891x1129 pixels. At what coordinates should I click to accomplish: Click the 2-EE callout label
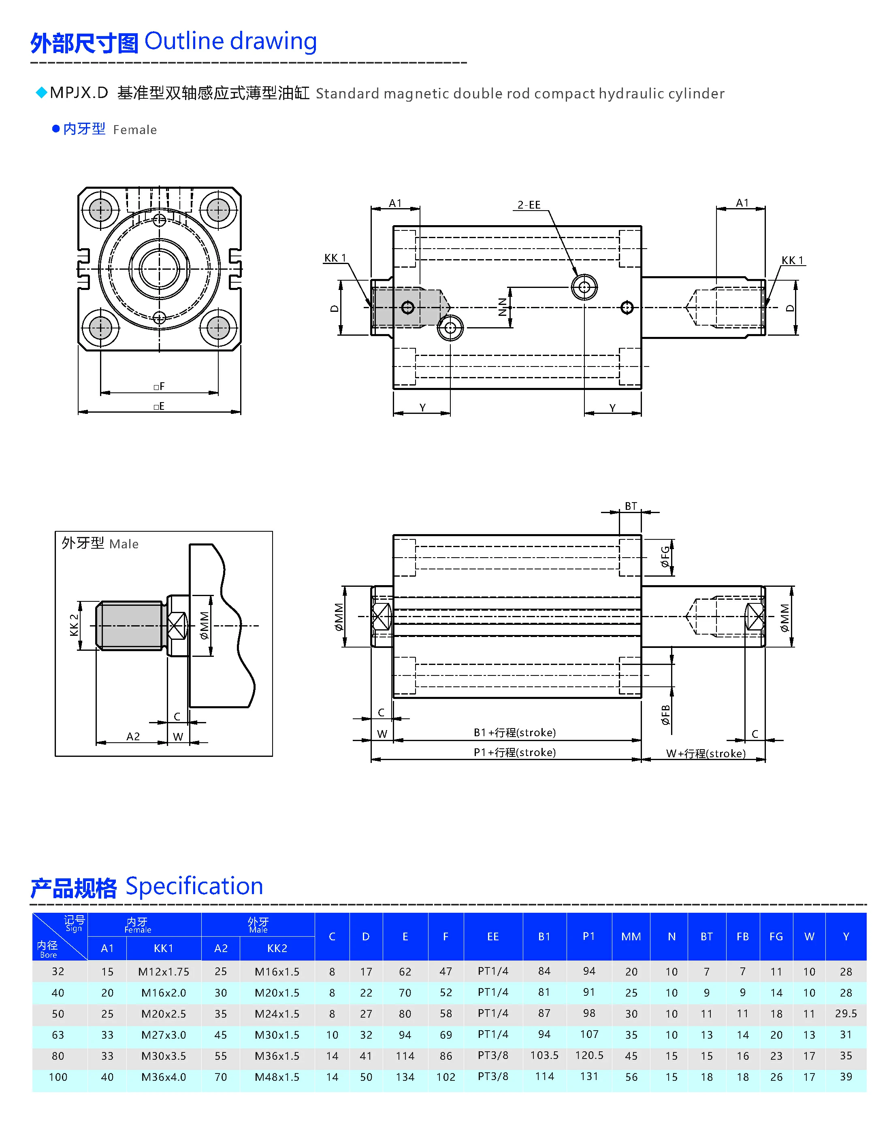(529, 204)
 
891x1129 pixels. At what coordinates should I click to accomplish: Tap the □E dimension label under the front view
(159, 406)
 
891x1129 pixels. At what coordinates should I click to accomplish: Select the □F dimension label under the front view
(159, 386)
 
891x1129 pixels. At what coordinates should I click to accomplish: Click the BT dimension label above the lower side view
(631, 506)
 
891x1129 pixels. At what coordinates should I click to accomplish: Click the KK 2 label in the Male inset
(74, 625)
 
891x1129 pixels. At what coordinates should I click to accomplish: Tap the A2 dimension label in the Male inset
(133, 736)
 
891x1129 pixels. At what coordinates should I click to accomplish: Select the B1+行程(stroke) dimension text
(514, 732)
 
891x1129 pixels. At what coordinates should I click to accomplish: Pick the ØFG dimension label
(665, 557)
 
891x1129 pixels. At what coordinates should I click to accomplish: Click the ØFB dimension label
(665, 714)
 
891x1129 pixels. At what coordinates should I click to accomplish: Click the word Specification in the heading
(194, 886)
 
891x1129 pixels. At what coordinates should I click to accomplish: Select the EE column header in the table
(492, 937)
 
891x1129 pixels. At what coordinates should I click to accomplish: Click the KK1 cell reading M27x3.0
(163, 1035)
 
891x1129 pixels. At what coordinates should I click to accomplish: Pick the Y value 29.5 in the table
(846, 1013)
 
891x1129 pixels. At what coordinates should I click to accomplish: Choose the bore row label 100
(58, 1077)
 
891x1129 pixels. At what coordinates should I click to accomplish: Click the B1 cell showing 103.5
(544, 1055)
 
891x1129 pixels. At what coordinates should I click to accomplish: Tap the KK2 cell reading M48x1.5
(277, 1077)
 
